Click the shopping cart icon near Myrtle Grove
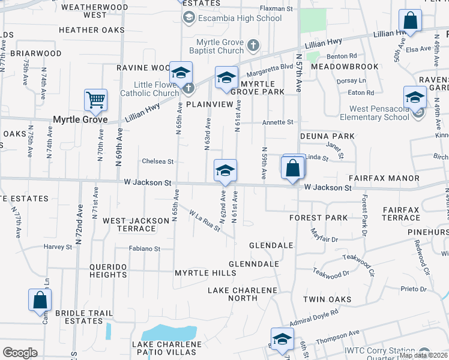[x=96, y=100]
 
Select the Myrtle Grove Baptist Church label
[x=221, y=46]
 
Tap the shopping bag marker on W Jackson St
[x=292, y=168]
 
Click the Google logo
[x=20, y=353]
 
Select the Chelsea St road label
[x=157, y=161]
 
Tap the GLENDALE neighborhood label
[x=271, y=245]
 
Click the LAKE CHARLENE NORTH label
[x=243, y=294]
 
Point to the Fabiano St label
[x=145, y=248]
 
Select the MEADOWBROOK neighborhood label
[x=345, y=67]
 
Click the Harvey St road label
[x=58, y=247]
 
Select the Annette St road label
[x=278, y=122]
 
